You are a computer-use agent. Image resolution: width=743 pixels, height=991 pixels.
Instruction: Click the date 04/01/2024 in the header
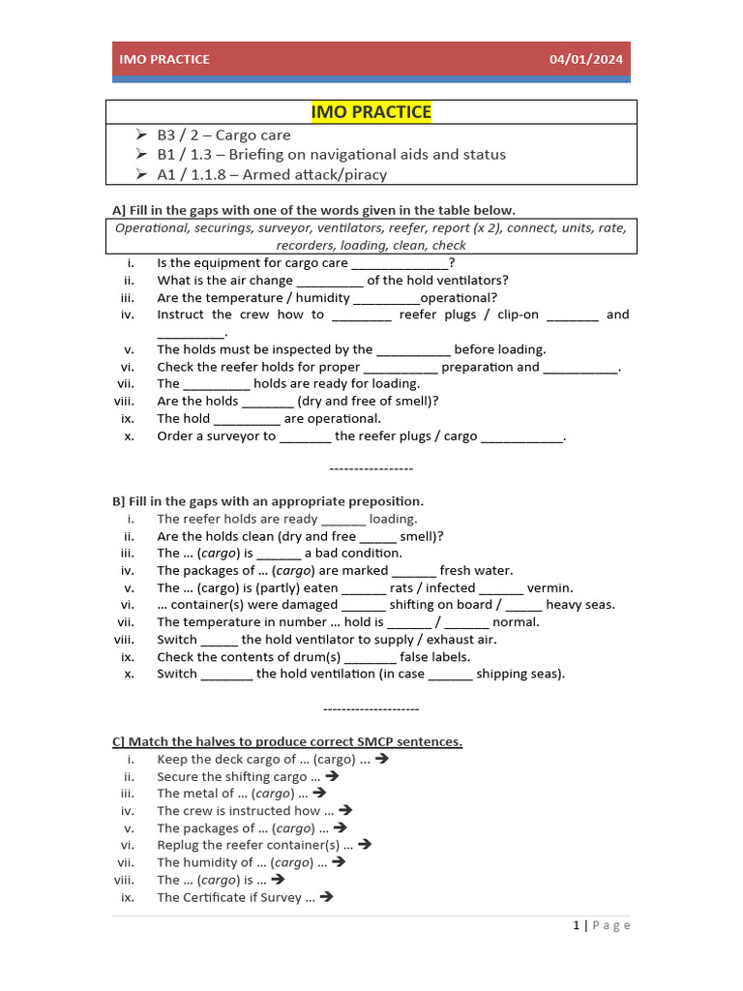tap(586, 59)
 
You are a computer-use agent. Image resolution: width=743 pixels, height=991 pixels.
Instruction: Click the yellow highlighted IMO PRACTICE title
tap(371, 112)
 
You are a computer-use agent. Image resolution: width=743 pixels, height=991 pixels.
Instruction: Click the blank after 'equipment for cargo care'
tap(400, 263)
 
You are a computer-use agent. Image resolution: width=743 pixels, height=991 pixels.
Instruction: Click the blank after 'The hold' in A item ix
tap(247, 419)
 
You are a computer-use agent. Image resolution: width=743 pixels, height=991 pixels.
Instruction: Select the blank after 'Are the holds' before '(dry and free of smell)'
tap(267, 402)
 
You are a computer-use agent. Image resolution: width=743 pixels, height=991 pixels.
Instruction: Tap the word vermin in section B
tap(549, 587)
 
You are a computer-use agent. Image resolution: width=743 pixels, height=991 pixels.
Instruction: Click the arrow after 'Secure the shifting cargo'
tap(333, 776)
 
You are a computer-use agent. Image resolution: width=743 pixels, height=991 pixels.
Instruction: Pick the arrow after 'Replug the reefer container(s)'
tap(365, 845)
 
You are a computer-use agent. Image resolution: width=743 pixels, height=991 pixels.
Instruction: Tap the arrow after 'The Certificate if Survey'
tap(326, 897)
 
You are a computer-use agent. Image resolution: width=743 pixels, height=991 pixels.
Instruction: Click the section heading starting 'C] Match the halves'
tap(287, 742)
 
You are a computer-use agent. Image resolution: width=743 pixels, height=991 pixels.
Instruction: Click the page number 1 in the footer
tap(577, 926)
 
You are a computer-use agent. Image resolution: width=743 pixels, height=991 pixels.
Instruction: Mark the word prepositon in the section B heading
tap(384, 501)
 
